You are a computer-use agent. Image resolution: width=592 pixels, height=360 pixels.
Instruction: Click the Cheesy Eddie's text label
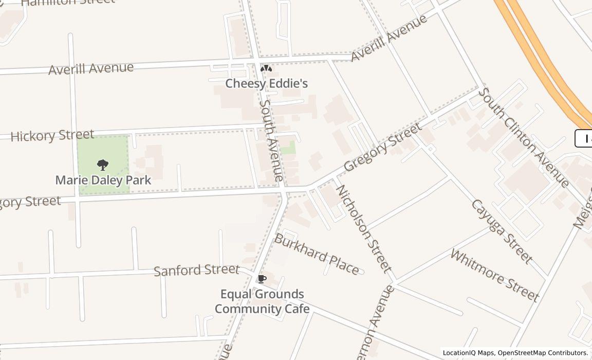click(x=267, y=83)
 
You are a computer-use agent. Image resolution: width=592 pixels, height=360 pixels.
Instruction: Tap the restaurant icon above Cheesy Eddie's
click(x=266, y=68)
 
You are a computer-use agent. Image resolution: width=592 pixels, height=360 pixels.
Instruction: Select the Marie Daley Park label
click(x=103, y=180)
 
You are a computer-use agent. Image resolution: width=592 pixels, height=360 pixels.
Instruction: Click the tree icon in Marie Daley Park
click(x=103, y=165)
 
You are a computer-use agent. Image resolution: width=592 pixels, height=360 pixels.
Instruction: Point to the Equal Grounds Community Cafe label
click(x=262, y=301)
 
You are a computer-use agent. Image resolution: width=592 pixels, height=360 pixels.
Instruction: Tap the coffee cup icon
click(x=262, y=279)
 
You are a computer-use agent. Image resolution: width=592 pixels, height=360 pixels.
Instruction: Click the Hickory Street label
click(x=52, y=136)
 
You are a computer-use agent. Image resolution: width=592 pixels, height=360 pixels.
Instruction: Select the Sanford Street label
click(x=197, y=269)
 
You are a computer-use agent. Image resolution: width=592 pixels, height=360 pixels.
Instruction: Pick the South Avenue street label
click(x=271, y=140)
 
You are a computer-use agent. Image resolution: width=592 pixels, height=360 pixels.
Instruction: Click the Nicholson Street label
click(x=363, y=228)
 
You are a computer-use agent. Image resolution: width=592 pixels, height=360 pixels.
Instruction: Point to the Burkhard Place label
click(x=317, y=254)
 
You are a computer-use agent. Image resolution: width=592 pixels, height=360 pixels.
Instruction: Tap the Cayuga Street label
click(x=501, y=231)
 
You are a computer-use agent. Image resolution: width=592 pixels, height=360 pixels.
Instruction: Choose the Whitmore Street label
click(x=495, y=275)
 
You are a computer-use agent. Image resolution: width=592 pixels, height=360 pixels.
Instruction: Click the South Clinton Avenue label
click(x=523, y=137)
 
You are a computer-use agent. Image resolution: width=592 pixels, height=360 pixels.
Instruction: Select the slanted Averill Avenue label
click(x=389, y=38)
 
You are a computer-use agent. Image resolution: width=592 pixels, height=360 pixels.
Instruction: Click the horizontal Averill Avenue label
click(x=91, y=68)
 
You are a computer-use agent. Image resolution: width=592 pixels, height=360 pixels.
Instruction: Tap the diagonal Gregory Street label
click(x=383, y=147)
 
